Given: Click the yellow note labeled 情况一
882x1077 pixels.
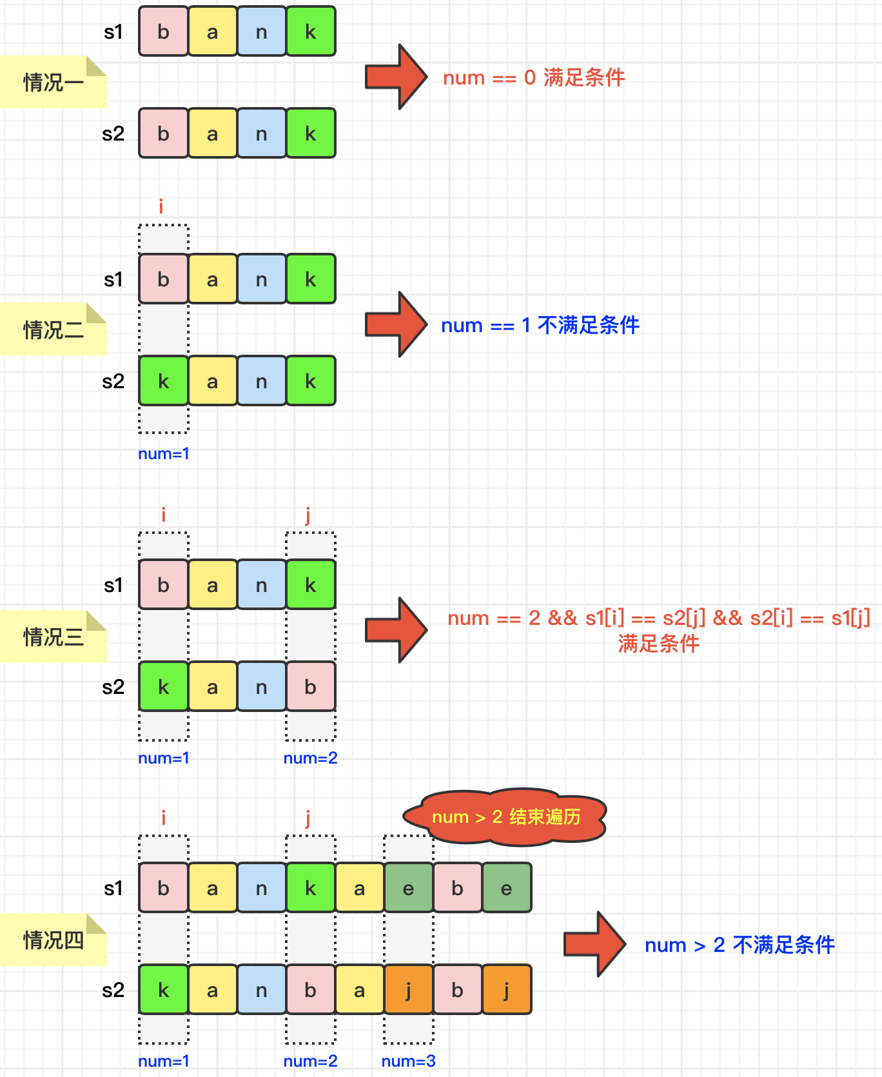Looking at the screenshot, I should (x=54, y=82).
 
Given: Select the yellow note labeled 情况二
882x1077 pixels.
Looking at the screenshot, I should (x=54, y=330).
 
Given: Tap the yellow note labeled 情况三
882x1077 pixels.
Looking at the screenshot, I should (x=54, y=637).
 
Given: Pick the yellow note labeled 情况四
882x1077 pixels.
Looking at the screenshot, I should (x=54, y=940).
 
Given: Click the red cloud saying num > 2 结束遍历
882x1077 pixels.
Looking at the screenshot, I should (x=505, y=816).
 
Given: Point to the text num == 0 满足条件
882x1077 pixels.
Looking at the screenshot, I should (x=534, y=78).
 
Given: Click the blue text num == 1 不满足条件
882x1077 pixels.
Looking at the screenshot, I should (x=540, y=325).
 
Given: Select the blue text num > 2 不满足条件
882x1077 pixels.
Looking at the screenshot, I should (x=740, y=945).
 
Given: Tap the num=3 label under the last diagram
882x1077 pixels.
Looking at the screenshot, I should (x=408, y=1061).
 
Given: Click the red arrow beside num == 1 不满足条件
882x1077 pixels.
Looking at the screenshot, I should (x=396, y=324).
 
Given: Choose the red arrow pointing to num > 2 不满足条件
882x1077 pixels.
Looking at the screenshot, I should (x=594, y=944).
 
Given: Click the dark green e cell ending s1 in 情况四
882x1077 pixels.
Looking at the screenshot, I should (x=507, y=888).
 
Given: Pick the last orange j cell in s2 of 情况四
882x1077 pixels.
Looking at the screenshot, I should (x=507, y=990).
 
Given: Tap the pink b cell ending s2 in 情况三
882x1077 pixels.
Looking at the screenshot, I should (x=311, y=687).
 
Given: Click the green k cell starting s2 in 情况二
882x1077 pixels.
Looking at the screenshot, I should (x=164, y=381).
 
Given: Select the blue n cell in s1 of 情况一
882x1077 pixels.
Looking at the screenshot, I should (x=262, y=32).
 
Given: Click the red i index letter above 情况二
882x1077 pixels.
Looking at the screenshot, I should (x=161, y=206).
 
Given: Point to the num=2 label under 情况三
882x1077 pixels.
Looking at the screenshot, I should (x=310, y=758).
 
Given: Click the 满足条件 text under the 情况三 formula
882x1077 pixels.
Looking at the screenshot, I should (x=658, y=644).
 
